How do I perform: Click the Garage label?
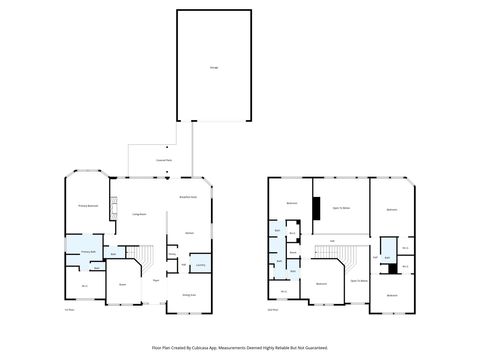click(214, 67)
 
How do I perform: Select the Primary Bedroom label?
click(88, 205)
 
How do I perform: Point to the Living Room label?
click(139, 214)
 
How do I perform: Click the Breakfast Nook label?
click(187, 197)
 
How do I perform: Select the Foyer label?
click(156, 281)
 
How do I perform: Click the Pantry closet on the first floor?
click(172, 255)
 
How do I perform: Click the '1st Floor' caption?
click(69, 310)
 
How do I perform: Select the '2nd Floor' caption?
click(273, 310)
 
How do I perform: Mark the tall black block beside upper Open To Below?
click(315, 209)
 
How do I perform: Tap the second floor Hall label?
click(332, 241)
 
